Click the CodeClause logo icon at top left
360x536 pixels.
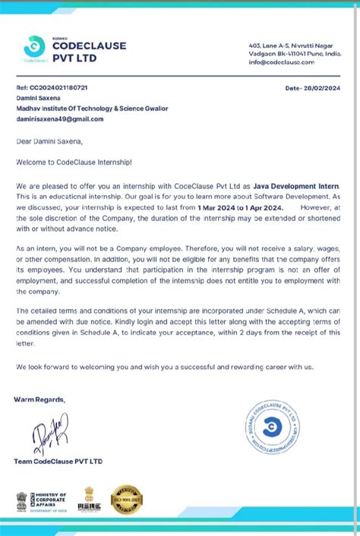pos(34,46)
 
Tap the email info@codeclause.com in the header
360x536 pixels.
pos(282,62)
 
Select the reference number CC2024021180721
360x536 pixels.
pos(52,88)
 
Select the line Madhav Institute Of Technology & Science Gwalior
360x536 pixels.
pos(92,109)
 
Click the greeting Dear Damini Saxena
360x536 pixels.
pos(51,140)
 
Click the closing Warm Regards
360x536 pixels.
pos(39,399)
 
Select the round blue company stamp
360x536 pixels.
pos(272,429)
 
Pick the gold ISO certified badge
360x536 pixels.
pos(127,500)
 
